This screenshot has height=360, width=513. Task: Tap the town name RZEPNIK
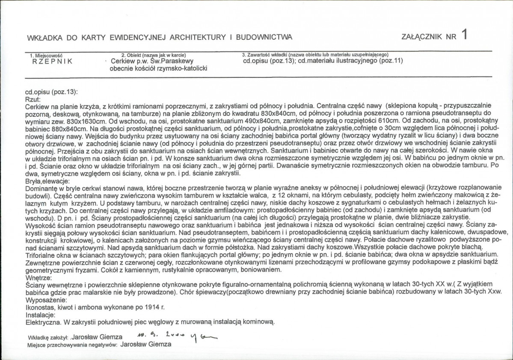click(52, 61)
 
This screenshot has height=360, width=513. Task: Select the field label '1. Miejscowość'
click(46, 55)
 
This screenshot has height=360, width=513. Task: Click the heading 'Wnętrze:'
click(38, 277)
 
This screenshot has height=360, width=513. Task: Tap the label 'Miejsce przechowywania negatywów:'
click(72, 344)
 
